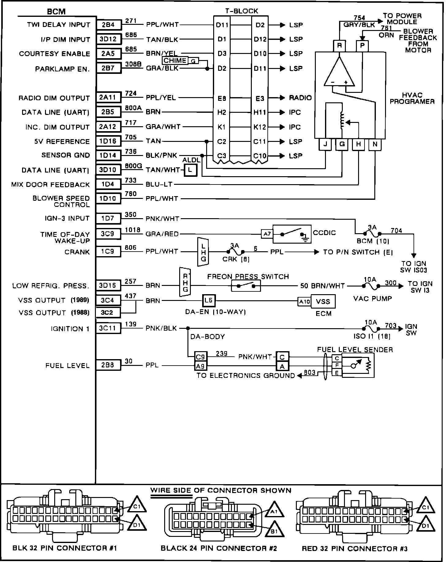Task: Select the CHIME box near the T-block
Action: pyautogui.click(x=175, y=60)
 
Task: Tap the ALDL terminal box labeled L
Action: pyautogui.click(x=190, y=170)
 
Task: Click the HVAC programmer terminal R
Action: pyautogui.click(x=339, y=46)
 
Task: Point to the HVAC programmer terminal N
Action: pyautogui.click(x=375, y=145)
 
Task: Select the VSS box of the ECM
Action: pyautogui.click(x=323, y=302)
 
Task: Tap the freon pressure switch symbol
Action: pyautogui.click(x=246, y=286)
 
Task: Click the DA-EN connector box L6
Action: pyautogui.click(x=208, y=301)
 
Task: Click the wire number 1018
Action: pyautogui.click(x=132, y=230)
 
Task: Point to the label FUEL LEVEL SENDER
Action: pyautogui.click(x=355, y=350)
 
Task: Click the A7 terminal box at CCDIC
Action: pyautogui.click(x=267, y=234)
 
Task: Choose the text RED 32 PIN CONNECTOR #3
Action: pyautogui.click(x=354, y=549)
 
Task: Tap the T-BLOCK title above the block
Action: pyautogui.click(x=242, y=11)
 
